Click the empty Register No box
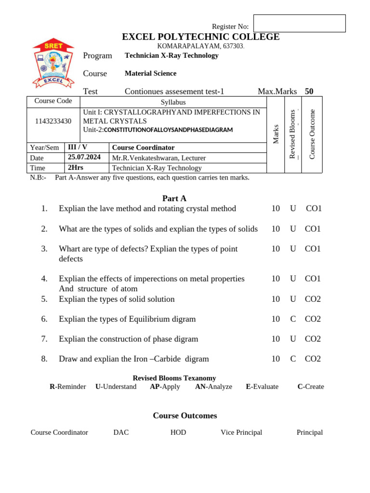[299, 24]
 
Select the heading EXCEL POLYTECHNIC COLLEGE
[200, 37]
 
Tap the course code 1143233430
[53, 121]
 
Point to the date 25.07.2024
[84, 157]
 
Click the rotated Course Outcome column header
[312, 134]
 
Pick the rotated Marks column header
[276, 134]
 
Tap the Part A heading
[174, 198]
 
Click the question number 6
[44, 319]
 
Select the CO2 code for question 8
[313, 359]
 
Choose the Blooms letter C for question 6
[293, 319]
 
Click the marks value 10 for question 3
[276, 248]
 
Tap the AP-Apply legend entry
[165, 387]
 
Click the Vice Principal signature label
[241, 432]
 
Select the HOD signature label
[178, 432]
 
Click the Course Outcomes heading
[185, 415]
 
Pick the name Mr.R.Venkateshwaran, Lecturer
[159, 158]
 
